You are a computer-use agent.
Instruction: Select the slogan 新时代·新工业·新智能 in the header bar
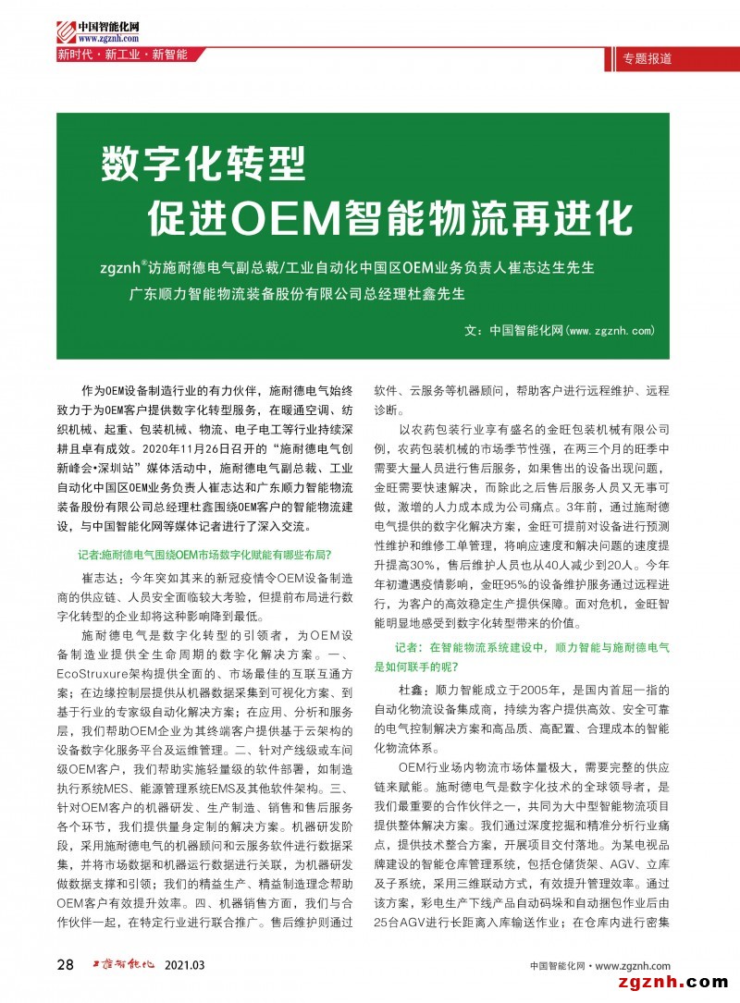point(122,55)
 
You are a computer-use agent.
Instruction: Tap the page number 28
point(66,965)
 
